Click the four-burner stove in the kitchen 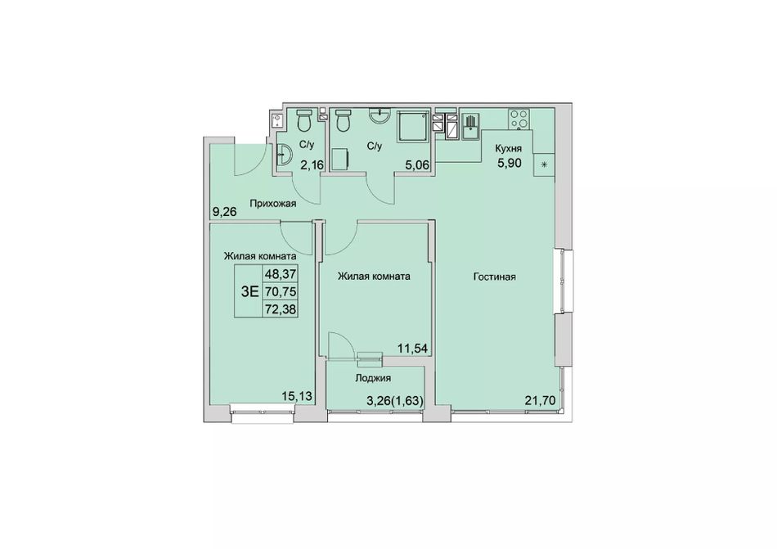pyautogui.click(x=519, y=119)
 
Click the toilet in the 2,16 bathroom pyautogui.click(x=303, y=120)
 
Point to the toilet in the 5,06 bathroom pyautogui.click(x=343, y=120)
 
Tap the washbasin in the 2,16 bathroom pyautogui.click(x=283, y=155)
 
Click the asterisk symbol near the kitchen pyautogui.click(x=544, y=164)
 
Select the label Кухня pyautogui.click(x=508, y=147)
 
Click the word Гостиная pyautogui.click(x=495, y=277)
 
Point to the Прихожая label pyautogui.click(x=273, y=203)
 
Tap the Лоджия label pyautogui.click(x=373, y=378)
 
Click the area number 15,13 pyautogui.click(x=296, y=395)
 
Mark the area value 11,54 pyautogui.click(x=412, y=348)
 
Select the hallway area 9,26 pyautogui.click(x=224, y=212)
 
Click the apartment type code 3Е pyautogui.click(x=249, y=291)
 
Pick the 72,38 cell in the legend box pyautogui.click(x=281, y=309)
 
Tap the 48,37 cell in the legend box pyautogui.click(x=281, y=273)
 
